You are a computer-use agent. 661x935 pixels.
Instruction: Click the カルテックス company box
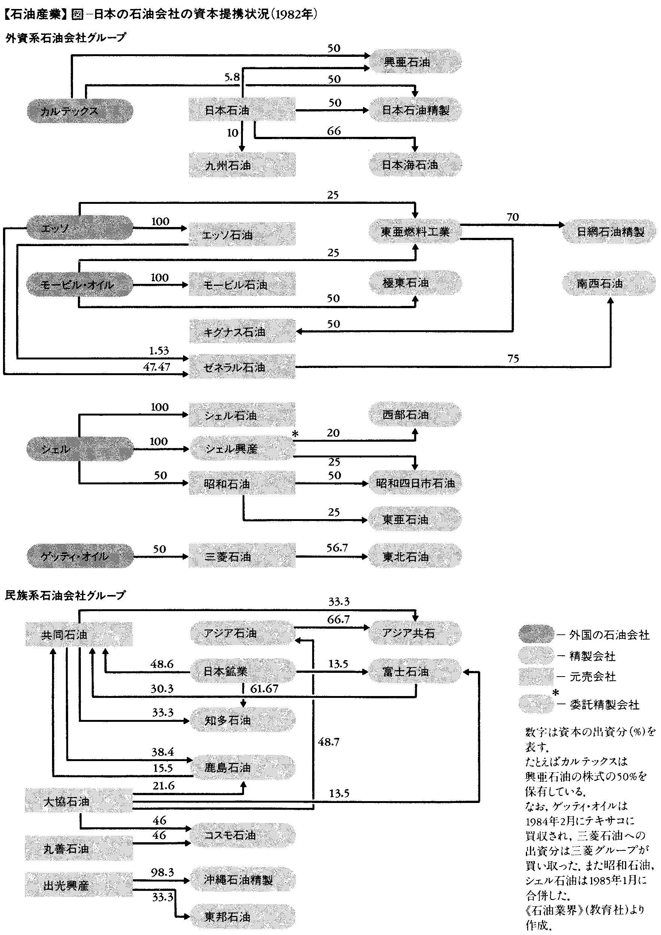point(80,111)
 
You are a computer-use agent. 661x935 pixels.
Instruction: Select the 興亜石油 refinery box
point(415,62)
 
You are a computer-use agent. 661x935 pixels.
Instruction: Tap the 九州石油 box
point(242,165)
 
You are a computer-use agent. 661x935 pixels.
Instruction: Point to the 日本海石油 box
point(415,165)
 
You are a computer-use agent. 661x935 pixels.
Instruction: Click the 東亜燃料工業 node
point(415,232)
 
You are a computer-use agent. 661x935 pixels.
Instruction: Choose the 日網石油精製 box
point(609,232)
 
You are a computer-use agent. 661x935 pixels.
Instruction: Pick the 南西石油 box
point(609,283)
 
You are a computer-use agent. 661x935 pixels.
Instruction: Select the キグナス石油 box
point(242,331)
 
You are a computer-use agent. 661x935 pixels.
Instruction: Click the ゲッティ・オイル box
point(80,556)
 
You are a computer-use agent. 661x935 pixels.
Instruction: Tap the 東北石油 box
point(415,556)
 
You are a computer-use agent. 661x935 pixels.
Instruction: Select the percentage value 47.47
point(156,367)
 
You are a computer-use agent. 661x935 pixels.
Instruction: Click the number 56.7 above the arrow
point(336,548)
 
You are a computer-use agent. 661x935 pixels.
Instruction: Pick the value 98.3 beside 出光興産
point(162,872)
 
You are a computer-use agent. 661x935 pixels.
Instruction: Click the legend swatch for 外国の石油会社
point(536,634)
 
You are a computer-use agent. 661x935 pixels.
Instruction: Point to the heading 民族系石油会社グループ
point(65,595)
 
